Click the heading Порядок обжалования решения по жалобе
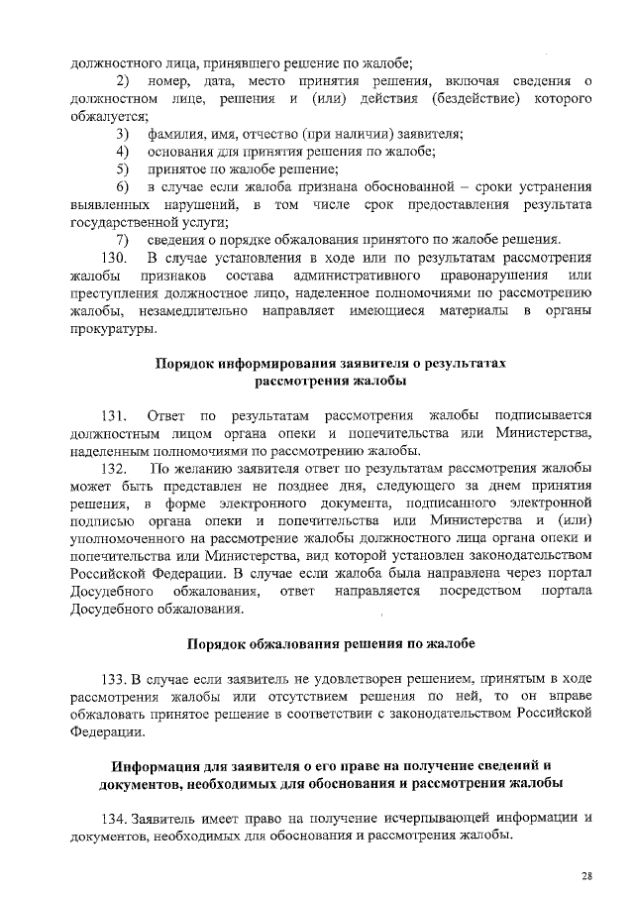pyautogui.click(x=331, y=643)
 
